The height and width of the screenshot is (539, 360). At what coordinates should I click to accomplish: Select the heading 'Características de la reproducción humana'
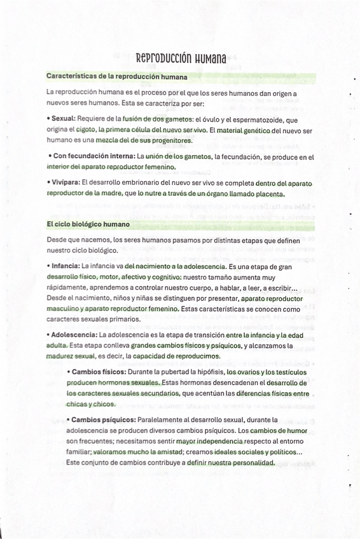[116, 77]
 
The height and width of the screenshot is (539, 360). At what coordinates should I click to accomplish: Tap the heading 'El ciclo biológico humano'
[88, 224]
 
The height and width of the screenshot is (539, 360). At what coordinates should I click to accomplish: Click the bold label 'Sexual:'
[64, 119]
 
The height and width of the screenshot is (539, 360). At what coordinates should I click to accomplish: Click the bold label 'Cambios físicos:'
[99, 371]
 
